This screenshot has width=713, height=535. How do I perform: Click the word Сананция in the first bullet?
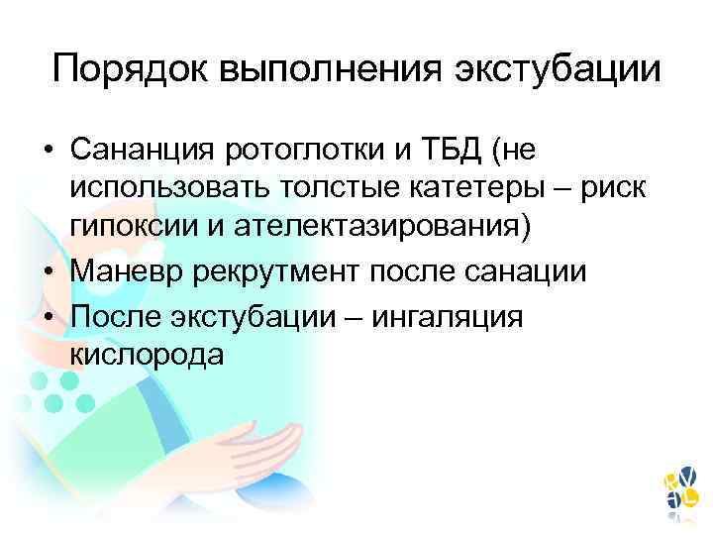[x=143, y=151]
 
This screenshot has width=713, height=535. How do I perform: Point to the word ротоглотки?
[x=305, y=151]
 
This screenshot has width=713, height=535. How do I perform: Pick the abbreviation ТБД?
[x=458, y=151]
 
